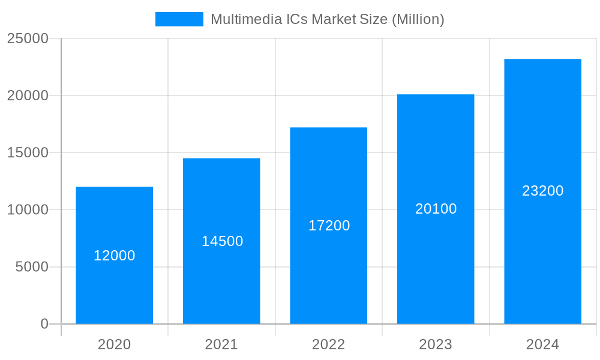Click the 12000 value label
pos(115,256)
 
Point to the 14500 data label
pos(222,241)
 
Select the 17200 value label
pos(329,226)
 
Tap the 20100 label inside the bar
pos(436,209)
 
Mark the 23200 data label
pos(543,191)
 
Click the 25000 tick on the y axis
pos(28,38)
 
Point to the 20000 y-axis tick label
pos(28,95)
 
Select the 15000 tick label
pos(28,152)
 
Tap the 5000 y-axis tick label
pos(32,267)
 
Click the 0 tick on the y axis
pos(44,324)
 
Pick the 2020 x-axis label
pos(114,344)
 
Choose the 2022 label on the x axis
pos(328,344)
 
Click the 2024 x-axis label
pos(542,344)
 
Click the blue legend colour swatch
pos(179,19)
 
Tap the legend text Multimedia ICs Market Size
pos(327,19)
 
